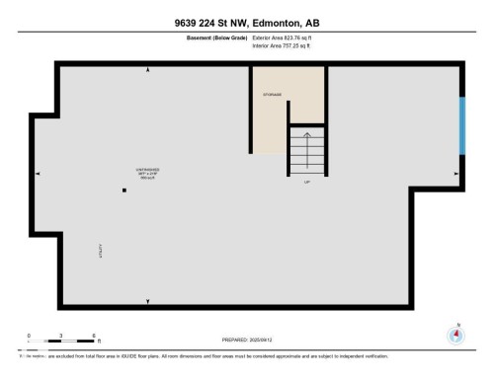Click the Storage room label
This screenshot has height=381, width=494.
click(x=273, y=95)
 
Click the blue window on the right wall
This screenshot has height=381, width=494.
click(x=461, y=125)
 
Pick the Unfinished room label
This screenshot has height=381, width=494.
click(x=148, y=171)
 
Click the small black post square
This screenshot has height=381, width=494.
click(x=124, y=190)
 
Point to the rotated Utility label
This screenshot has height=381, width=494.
click(x=100, y=253)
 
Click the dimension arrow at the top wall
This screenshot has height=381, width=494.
click(x=148, y=70)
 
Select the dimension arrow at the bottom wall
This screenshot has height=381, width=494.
click(x=148, y=302)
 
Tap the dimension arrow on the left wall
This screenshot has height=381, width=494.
click(x=39, y=174)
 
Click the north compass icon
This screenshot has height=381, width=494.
click(x=455, y=335)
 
